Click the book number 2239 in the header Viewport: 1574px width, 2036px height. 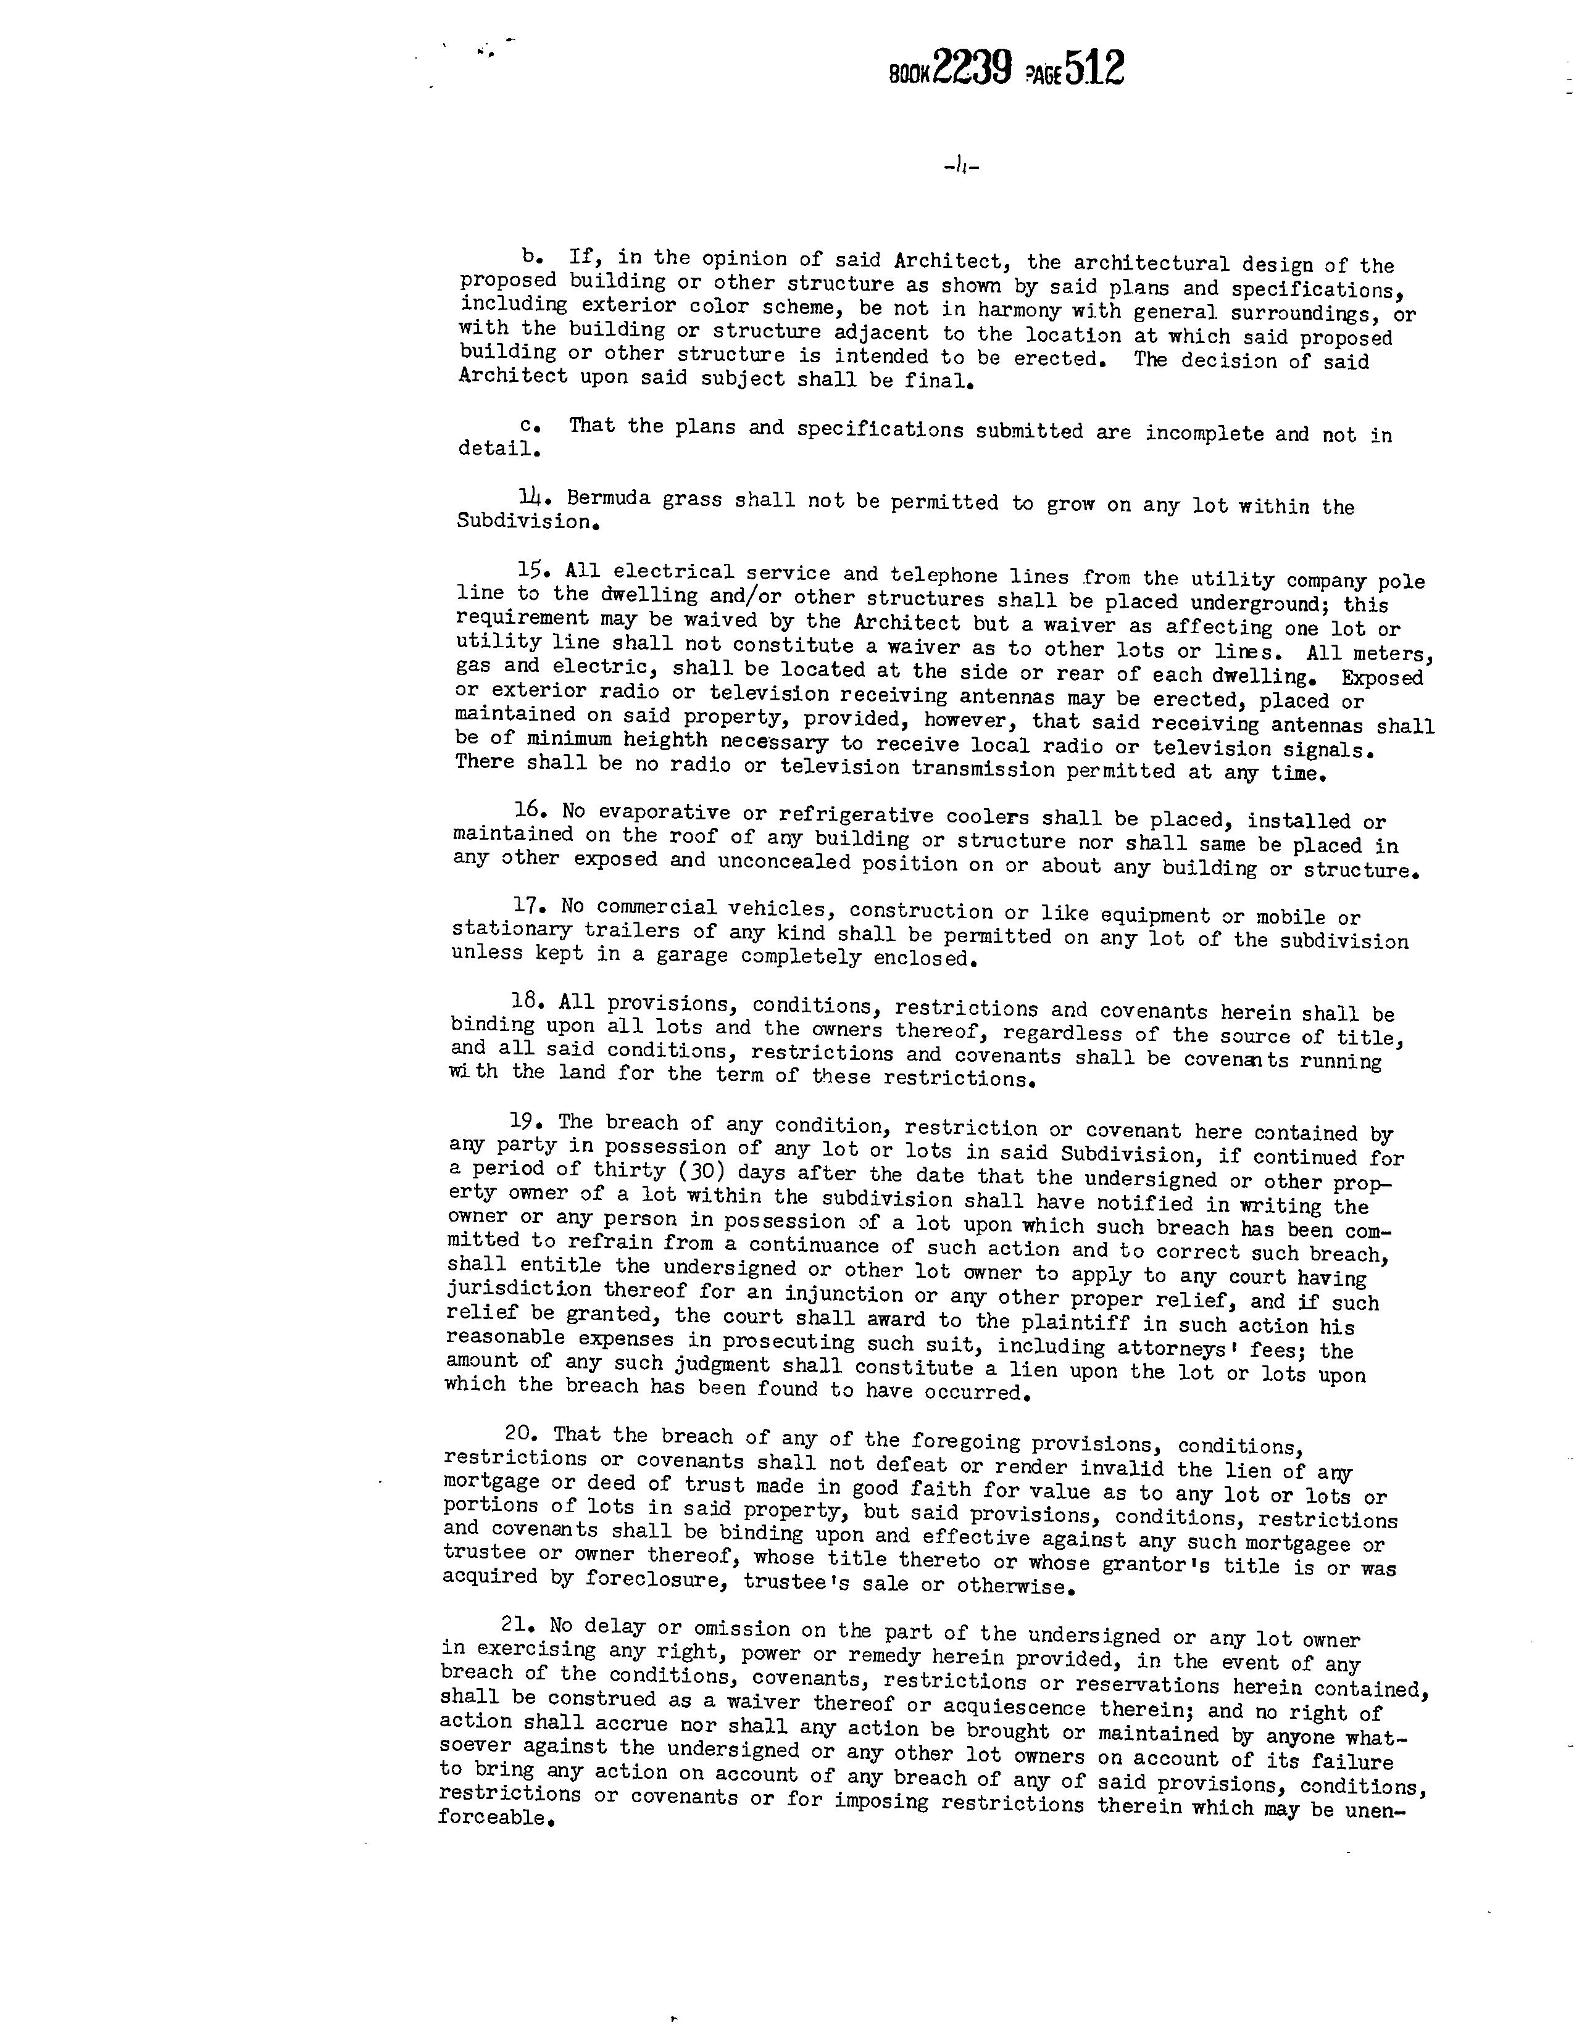click(973, 67)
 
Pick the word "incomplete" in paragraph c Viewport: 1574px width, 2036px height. click(1204, 432)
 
